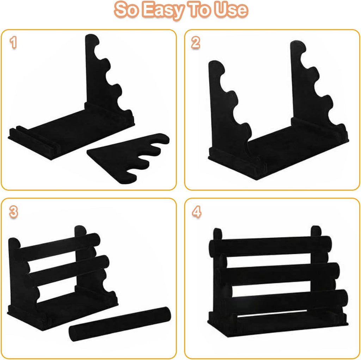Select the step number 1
pos(13,43)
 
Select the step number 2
pos(196,43)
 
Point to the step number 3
pos(13,212)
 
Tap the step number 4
pos(196,212)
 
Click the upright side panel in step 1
pos(97,71)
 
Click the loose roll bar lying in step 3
pos(120,323)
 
